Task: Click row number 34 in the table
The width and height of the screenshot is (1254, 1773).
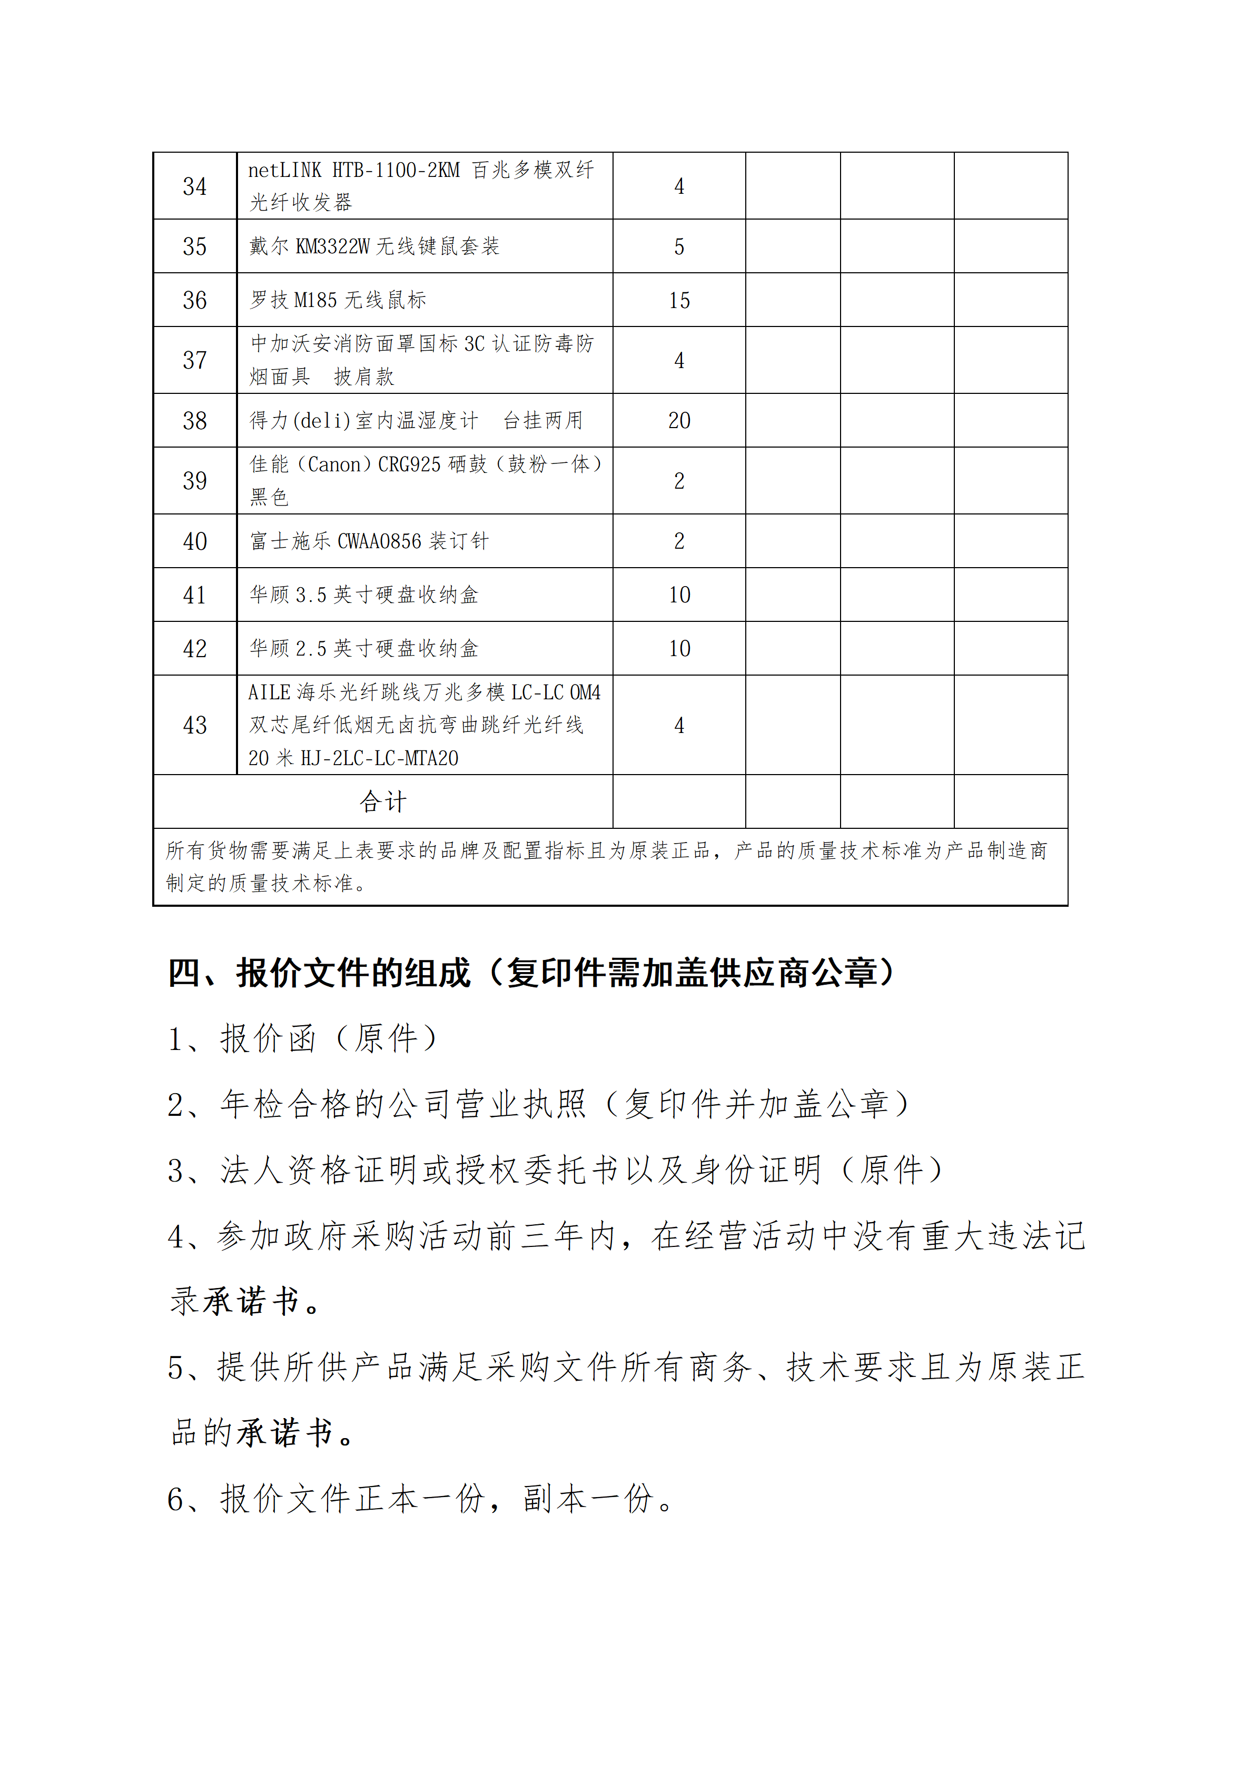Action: point(194,186)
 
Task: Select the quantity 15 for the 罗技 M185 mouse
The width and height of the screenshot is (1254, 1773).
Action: point(679,300)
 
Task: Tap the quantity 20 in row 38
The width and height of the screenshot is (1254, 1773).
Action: point(679,421)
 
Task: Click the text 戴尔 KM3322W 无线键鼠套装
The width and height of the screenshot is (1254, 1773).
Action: point(374,246)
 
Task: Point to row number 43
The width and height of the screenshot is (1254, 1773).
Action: point(194,725)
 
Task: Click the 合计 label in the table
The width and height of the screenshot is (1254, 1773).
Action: point(382,801)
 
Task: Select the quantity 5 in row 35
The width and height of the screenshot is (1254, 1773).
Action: point(679,247)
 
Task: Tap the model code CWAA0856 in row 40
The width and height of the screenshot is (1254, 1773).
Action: point(379,541)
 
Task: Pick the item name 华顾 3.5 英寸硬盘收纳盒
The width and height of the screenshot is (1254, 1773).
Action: point(364,595)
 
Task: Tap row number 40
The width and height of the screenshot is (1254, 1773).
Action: point(194,541)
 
